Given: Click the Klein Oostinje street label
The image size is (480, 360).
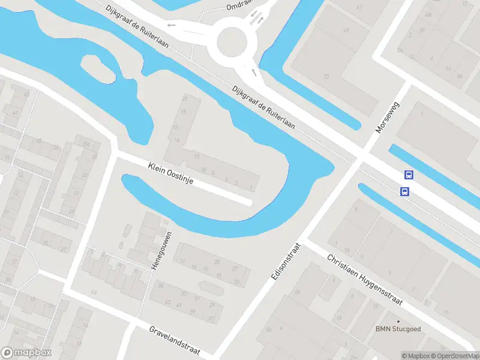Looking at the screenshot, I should click(170, 173).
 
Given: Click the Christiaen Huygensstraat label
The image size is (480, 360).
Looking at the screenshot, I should click(364, 280).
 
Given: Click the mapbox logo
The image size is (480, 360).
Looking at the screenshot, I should click(26, 353).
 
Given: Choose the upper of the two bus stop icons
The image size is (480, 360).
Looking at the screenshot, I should click(409, 175).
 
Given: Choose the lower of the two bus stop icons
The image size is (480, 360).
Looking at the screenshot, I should click(405, 192).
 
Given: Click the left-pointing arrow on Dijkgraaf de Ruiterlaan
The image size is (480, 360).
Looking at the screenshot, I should click(172, 25).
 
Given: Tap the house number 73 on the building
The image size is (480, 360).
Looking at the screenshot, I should click(326, 77).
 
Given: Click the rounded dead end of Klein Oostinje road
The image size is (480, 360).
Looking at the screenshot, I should click(247, 202).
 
